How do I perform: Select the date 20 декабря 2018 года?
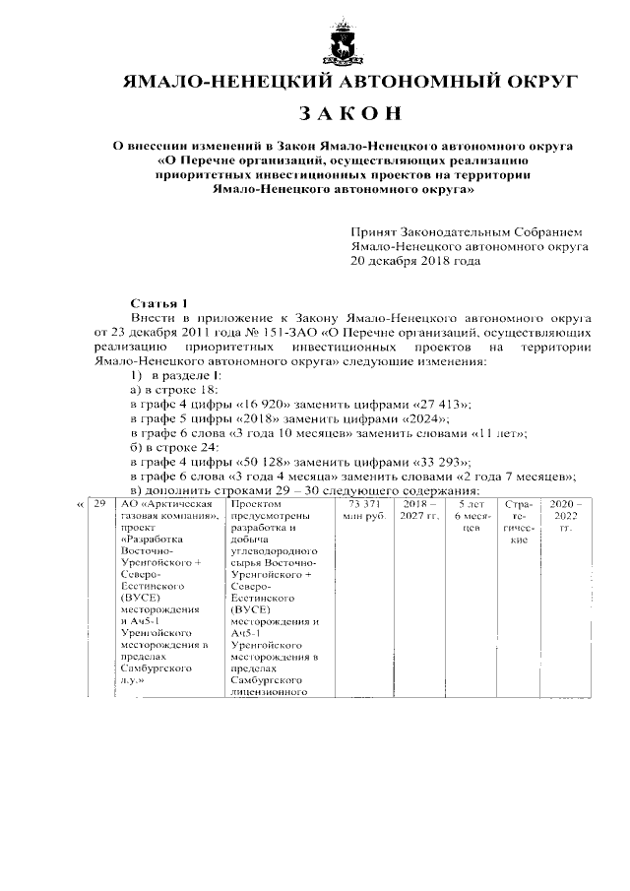click(415, 263)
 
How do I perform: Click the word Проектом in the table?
click(254, 504)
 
